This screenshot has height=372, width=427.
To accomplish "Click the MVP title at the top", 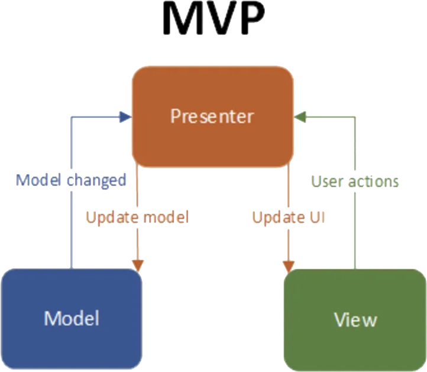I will (213, 21).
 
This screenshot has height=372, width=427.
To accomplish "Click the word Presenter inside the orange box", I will (212, 116).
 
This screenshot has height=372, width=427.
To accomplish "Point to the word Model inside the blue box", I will (72, 318).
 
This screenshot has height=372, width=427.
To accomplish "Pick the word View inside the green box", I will (355, 320).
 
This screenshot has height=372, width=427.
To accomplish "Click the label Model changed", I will (71, 180).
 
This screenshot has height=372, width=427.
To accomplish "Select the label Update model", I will (137, 217).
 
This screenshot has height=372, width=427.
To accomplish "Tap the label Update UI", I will (289, 217).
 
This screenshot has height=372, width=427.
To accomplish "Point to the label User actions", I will (355, 181).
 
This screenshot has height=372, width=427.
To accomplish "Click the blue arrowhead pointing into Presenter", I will (125, 117).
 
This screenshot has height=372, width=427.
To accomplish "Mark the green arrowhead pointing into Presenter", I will (302, 117).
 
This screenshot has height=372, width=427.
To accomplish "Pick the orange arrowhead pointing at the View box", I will (289, 264).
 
